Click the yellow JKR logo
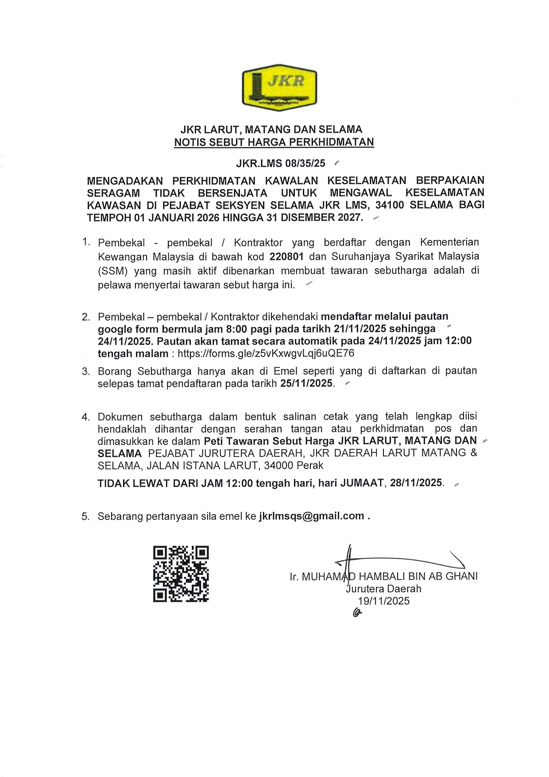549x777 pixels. [279, 88]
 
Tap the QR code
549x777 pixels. [181, 573]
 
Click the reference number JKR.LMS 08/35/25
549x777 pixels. [281, 163]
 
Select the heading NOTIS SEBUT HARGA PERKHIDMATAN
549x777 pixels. [274, 142]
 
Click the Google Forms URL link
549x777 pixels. [266, 353]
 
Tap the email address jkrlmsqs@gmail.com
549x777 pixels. [311, 516]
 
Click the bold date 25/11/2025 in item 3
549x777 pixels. [306, 383]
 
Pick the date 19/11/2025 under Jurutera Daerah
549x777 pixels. [384, 601]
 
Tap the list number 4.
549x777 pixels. [85, 417]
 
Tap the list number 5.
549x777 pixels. [85, 516]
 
